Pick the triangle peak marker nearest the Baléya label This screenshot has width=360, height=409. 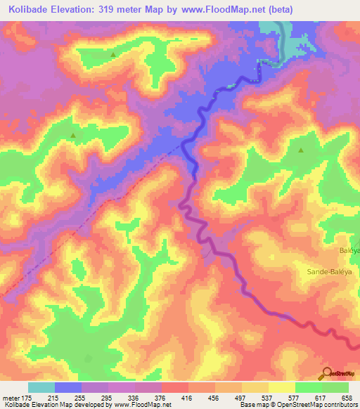coord(301,150)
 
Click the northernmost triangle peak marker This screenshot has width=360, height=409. coord(113,54)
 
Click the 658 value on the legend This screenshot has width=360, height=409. coord(347,398)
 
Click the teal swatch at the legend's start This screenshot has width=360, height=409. coord(41,387)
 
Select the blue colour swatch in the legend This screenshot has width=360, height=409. coord(68,387)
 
